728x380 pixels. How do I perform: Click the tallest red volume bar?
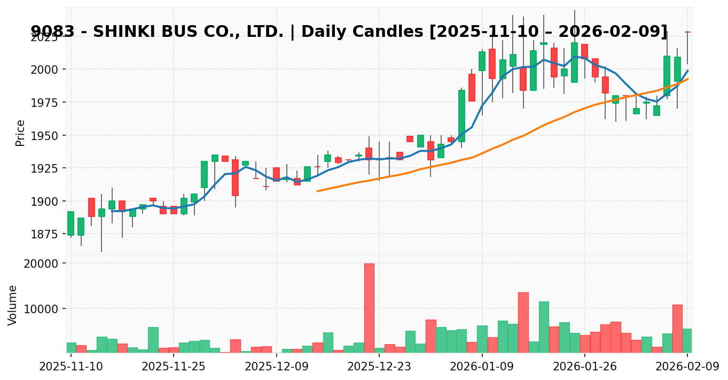(369, 308)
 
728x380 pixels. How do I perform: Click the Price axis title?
(20, 133)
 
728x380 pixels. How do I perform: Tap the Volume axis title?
(13, 305)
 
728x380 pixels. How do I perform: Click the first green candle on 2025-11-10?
(71, 223)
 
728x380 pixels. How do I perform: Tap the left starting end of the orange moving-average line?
(317, 191)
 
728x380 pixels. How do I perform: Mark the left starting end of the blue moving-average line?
(112, 211)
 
